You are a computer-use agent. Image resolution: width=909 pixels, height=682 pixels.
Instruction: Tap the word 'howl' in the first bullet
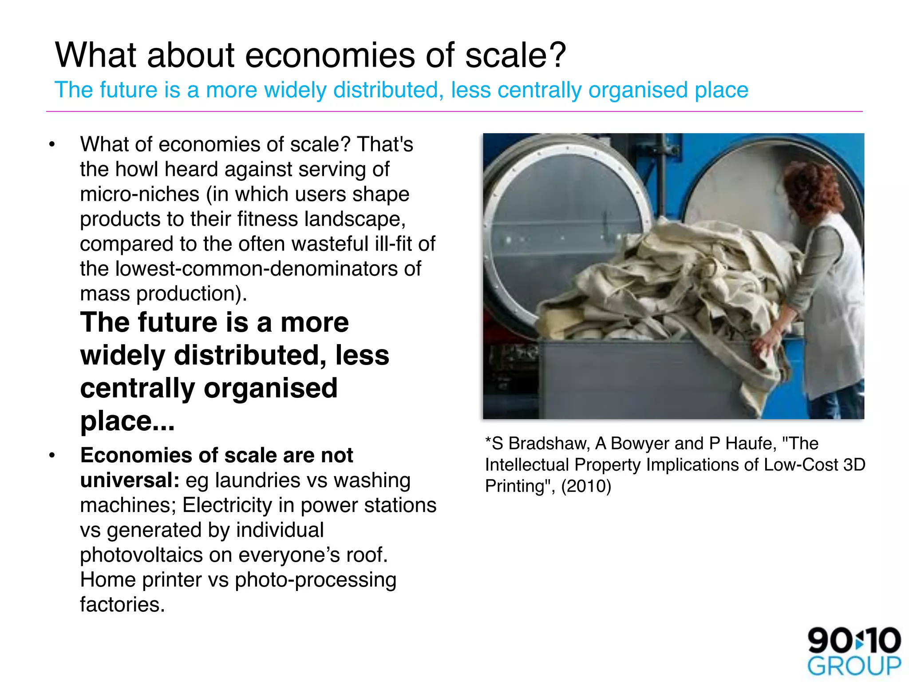[x=136, y=170]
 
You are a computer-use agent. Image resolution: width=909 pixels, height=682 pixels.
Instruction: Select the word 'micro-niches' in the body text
[x=139, y=194]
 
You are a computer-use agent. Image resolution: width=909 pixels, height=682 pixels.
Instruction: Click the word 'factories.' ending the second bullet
[x=123, y=605]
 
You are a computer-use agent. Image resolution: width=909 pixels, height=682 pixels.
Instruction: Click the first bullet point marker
[x=52, y=145]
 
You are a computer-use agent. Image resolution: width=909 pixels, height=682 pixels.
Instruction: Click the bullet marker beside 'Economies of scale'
[x=52, y=456]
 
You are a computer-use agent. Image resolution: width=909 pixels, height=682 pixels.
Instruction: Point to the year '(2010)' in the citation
[x=586, y=486]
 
